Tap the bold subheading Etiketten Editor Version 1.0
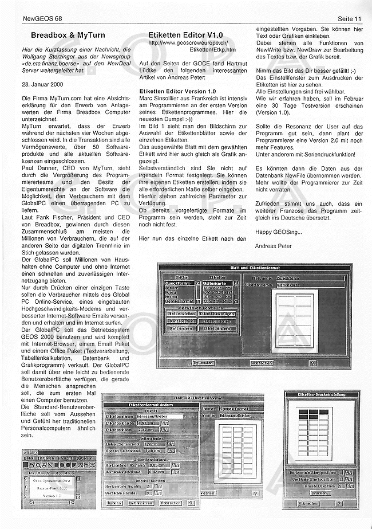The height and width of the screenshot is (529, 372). [x=177, y=91]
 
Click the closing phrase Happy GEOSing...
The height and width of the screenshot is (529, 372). [x=279, y=232]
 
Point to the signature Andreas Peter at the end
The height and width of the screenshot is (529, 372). [x=274, y=246]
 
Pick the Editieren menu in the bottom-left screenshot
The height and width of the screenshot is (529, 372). [x=46, y=458]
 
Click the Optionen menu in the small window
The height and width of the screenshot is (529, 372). [x=84, y=458]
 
